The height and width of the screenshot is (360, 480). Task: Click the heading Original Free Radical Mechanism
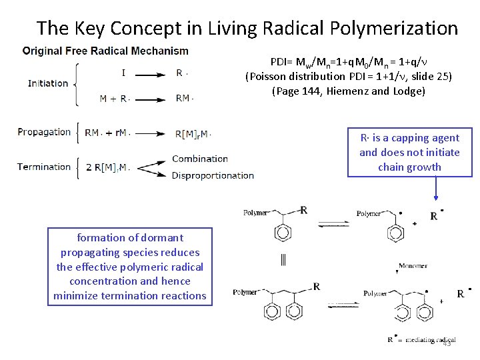pos(105,51)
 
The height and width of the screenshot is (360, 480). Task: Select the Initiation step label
pos(48,83)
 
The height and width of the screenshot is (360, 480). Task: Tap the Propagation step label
pos(44,132)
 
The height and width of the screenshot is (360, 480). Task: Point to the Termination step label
pos(44,167)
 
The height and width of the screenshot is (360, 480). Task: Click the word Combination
pos(200,159)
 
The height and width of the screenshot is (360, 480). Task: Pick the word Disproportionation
pos(213,175)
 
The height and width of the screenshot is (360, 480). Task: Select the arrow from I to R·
pos(144,75)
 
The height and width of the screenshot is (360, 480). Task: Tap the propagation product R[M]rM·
pos(193,134)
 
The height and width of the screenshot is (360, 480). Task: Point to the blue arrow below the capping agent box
pos(435,188)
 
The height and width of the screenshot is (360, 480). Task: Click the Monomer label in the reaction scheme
pos(413,266)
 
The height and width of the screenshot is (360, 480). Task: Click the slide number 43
pos(447,343)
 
